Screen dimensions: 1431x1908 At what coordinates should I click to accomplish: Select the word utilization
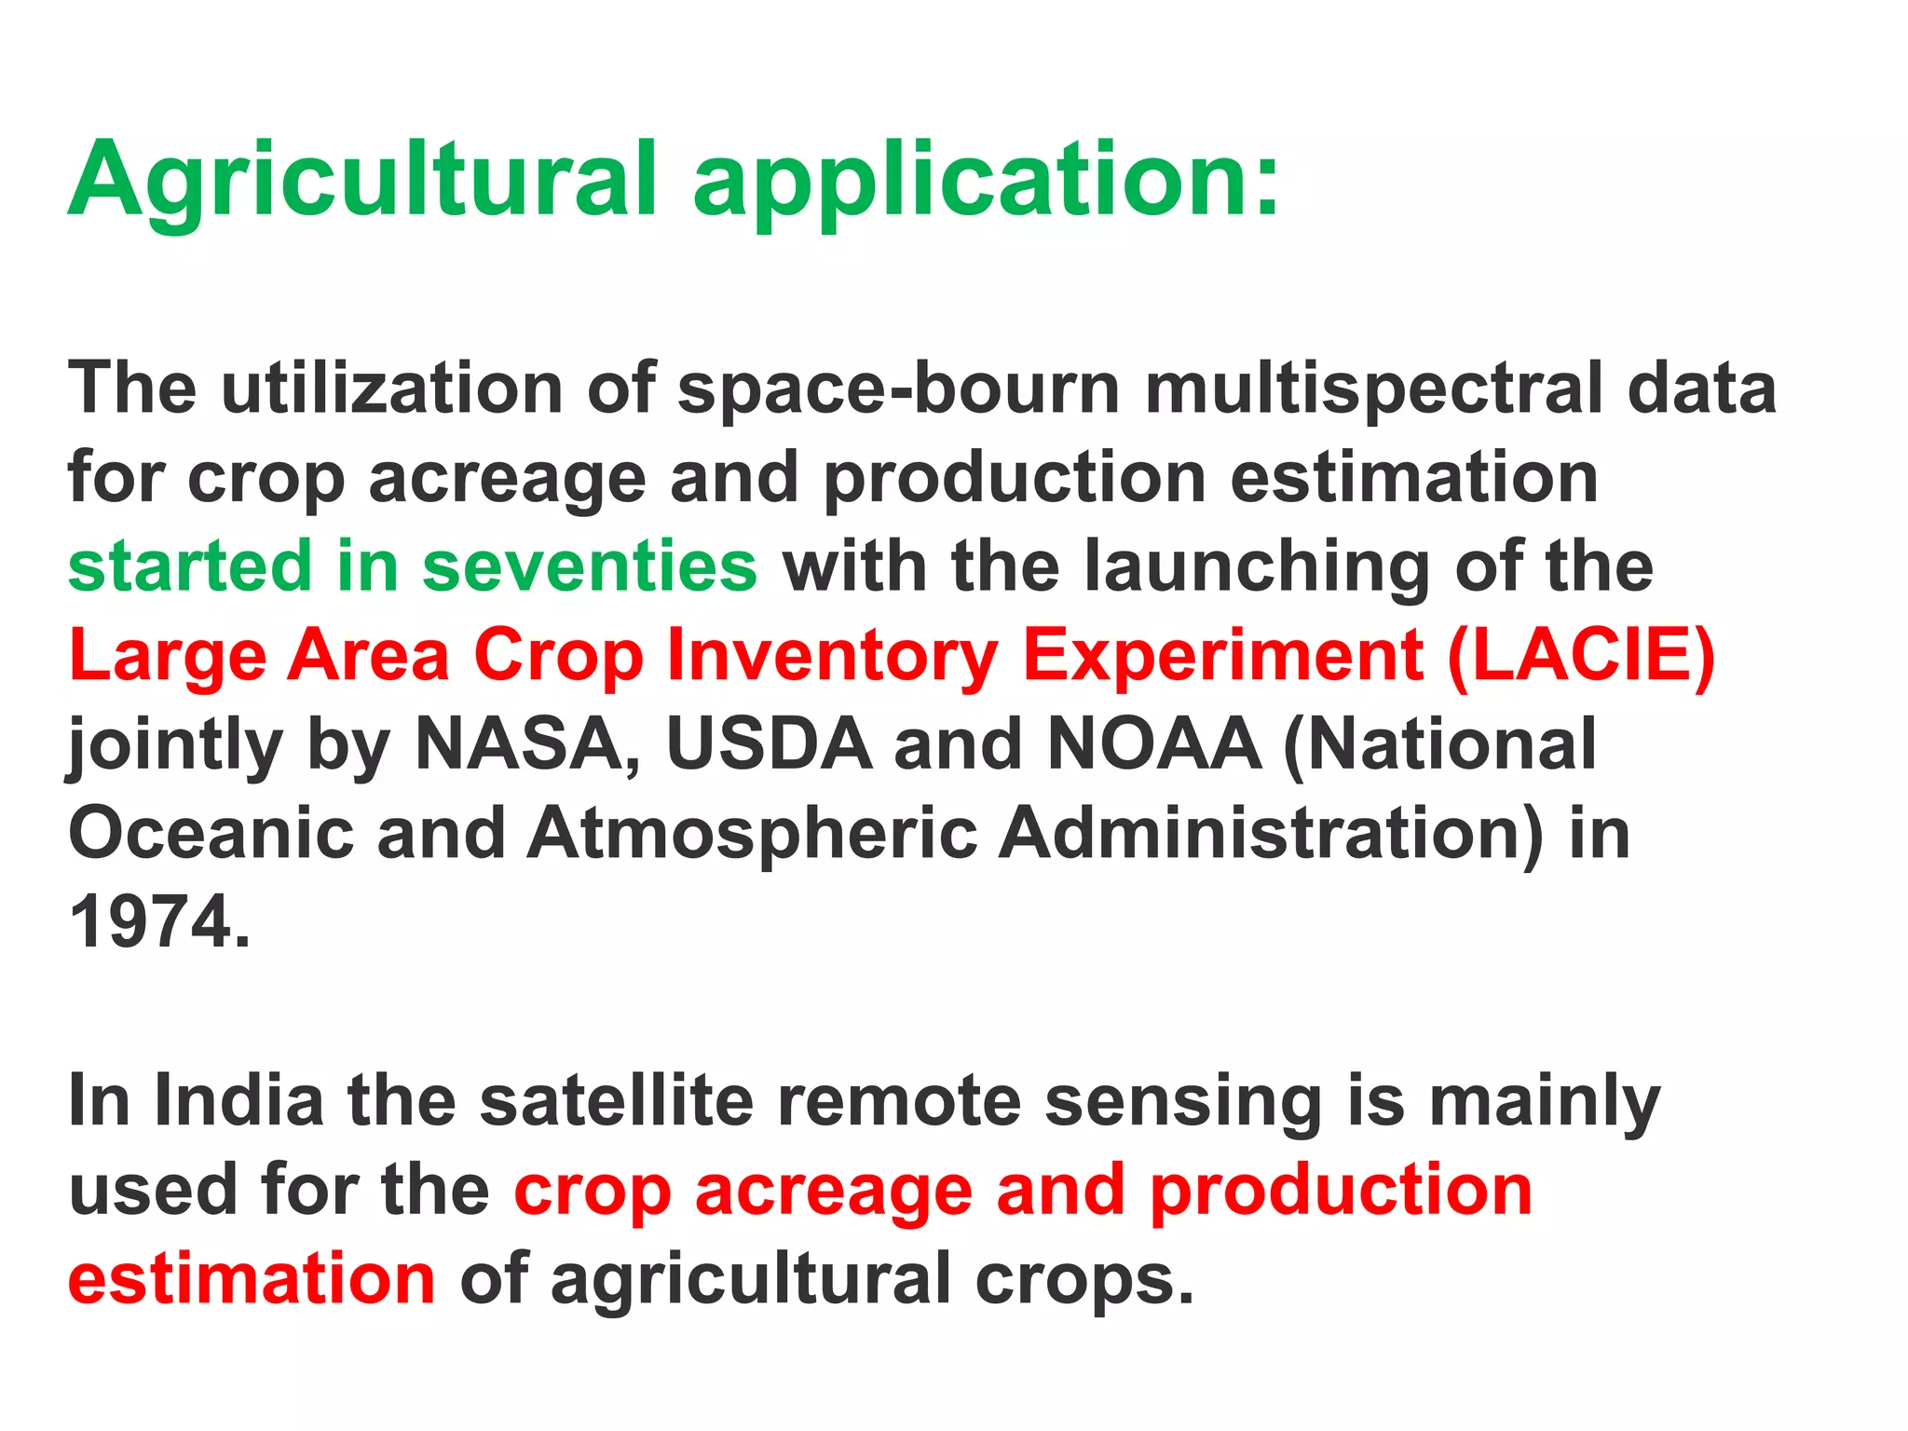(x=391, y=388)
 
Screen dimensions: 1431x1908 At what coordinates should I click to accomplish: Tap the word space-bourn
(x=899, y=388)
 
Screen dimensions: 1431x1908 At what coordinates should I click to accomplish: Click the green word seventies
(x=590, y=566)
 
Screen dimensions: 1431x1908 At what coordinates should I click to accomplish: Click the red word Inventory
(x=833, y=656)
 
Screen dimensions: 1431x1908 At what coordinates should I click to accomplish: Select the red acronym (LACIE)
(x=1581, y=656)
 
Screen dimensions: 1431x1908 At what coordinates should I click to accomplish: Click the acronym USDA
(x=770, y=745)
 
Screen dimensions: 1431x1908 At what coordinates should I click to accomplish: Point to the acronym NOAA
(x=1154, y=745)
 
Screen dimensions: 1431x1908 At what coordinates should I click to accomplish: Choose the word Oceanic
(x=211, y=833)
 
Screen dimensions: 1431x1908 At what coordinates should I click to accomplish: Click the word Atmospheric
(x=753, y=833)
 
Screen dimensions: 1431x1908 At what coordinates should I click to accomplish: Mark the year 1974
(x=158, y=922)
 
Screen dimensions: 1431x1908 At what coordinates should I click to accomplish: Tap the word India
(x=239, y=1101)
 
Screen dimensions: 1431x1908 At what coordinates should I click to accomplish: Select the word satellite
(x=617, y=1101)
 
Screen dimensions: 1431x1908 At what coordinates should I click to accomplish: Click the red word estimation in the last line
(x=252, y=1280)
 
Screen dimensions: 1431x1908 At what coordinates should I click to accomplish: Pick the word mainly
(x=1544, y=1101)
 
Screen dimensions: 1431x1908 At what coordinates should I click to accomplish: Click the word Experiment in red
(x=1222, y=656)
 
